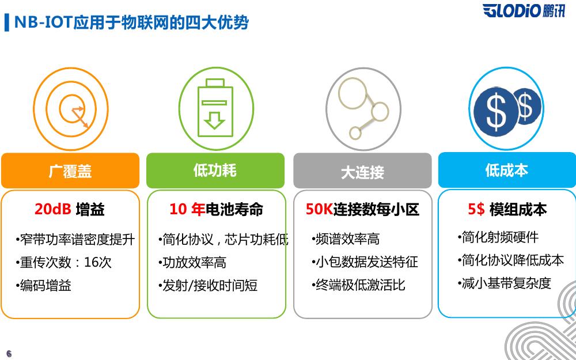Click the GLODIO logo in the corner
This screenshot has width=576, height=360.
coord(524,10)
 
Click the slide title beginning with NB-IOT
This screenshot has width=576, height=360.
coord(131,22)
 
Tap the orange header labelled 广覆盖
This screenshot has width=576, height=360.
coord(70,171)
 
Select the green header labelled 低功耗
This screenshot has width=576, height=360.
coord(215,170)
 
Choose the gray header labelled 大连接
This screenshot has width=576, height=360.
coord(362,171)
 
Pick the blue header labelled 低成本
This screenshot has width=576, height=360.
coord(507,170)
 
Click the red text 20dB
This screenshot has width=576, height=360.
coord(53,210)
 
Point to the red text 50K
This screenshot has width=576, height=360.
coord(319,210)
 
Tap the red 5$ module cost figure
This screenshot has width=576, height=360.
coord(476,210)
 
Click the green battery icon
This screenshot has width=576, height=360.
coord(215,108)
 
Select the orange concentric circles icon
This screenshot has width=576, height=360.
coord(71,109)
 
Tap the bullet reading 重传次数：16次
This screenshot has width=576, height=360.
coord(63,262)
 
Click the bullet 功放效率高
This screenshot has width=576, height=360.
coord(192,263)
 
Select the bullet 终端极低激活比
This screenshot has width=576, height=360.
coord(358,285)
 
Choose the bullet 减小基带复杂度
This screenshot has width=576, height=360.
coord(505,283)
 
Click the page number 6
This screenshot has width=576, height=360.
coord(9,354)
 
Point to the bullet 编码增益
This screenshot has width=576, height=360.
coord(43,286)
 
